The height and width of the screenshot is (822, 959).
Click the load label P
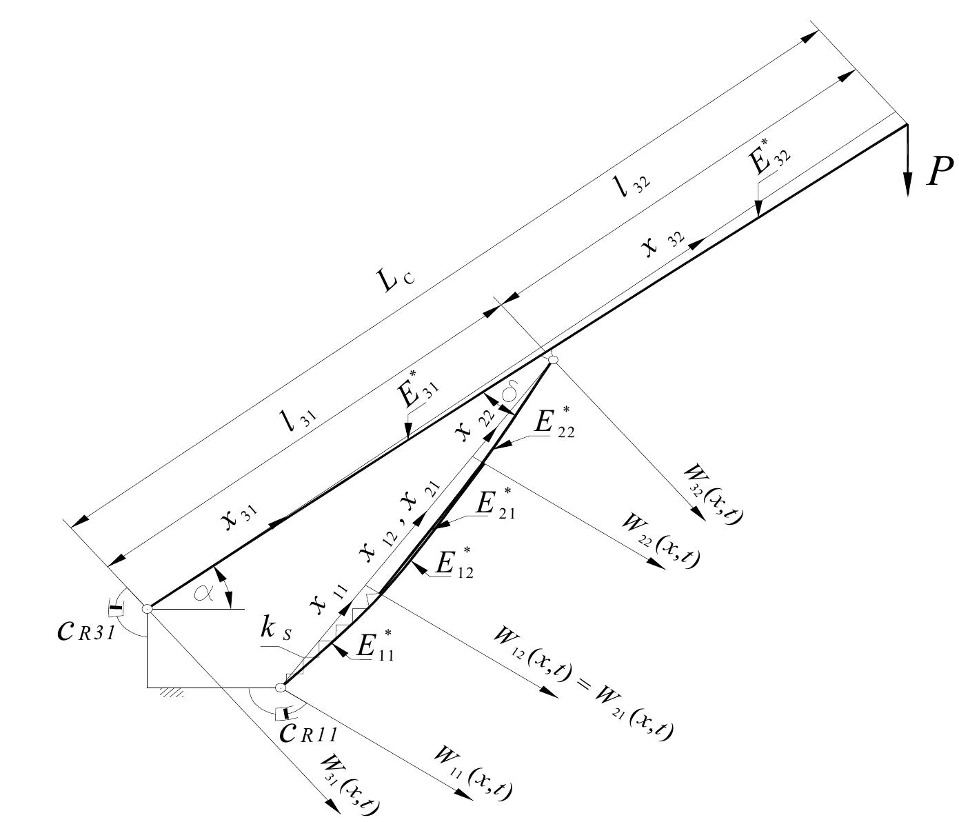[x=939, y=172]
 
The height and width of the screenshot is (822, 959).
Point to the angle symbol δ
[x=511, y=394]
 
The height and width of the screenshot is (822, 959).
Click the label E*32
[x=769, y=161]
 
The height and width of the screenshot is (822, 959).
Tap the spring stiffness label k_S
[x=274, y=628]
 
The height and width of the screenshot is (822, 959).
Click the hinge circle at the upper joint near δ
[x=552, y=359]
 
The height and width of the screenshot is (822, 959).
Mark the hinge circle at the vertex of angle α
[x=147, y=608]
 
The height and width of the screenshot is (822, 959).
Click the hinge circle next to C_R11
[x=281, y=688]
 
